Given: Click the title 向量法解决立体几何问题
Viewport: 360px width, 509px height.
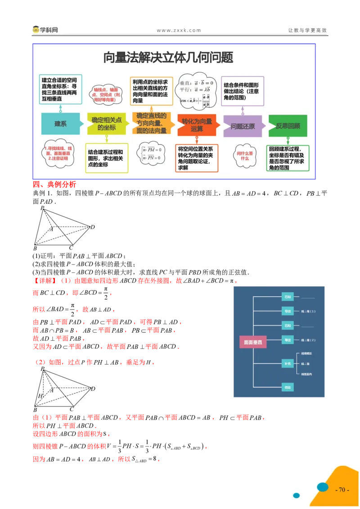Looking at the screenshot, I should tap(168, 58).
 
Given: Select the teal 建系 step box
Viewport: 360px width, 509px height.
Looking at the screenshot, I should tap(60, 124).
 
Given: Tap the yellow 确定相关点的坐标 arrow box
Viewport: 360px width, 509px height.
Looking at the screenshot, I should tap(107, 124).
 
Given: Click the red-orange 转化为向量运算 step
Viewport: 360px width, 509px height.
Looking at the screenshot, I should tap(197, 125).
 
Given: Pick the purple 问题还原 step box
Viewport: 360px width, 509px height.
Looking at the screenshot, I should tap(243, 126).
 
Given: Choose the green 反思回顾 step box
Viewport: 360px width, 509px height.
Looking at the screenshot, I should tap(288, 126).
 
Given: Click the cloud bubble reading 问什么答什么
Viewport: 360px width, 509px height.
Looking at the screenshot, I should tap(245, 156).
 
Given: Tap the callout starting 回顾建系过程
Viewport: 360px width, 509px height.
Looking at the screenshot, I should tap(288, 158).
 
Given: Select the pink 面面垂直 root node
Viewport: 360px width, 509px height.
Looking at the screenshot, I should tap(252, 342).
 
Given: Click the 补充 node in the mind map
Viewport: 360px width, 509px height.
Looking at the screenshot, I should tap(287, 363).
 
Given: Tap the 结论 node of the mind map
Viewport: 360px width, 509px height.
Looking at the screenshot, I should tap(287, 387).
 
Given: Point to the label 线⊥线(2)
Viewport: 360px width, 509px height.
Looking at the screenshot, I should tap(309, 340).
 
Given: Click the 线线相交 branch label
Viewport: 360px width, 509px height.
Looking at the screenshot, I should tap(307, 353).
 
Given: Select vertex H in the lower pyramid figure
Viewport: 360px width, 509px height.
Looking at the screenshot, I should tap(40, 396).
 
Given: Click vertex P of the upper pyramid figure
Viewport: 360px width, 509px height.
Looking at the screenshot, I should tap(42, 208).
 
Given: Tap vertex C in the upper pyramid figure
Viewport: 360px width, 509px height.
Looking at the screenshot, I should tap(71, 248).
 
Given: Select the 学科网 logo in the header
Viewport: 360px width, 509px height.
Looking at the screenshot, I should tap(45, 30).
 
